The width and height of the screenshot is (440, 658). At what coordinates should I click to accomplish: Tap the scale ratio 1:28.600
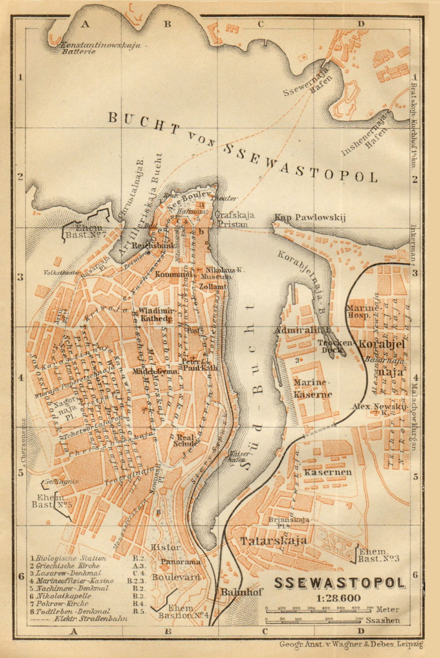pyautogui.click(x=338, y=598)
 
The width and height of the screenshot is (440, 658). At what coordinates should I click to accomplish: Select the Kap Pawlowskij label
pyautogui.click(x=310, y=217)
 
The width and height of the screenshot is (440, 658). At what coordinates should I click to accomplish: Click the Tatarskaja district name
pyautogui.click(x=273, y=540)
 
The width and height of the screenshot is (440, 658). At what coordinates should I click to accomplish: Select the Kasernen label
pyautogui.click(x=328, y=472)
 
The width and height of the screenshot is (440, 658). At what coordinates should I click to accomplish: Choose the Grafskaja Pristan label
pyautogui.click(x=234, y=219)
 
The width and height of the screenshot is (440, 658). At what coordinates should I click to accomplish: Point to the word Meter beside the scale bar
pyautogui.click(x=388, y=610)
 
